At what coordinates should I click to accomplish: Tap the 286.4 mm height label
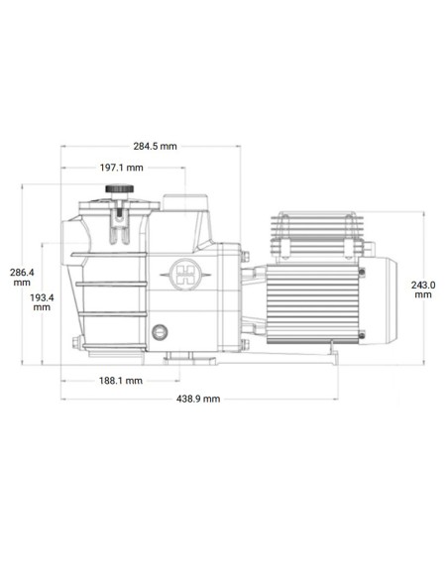(x=21, y=277)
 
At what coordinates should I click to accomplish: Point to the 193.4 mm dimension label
(x=41, y=301)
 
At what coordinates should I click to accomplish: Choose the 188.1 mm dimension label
(x=120, y=380)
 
